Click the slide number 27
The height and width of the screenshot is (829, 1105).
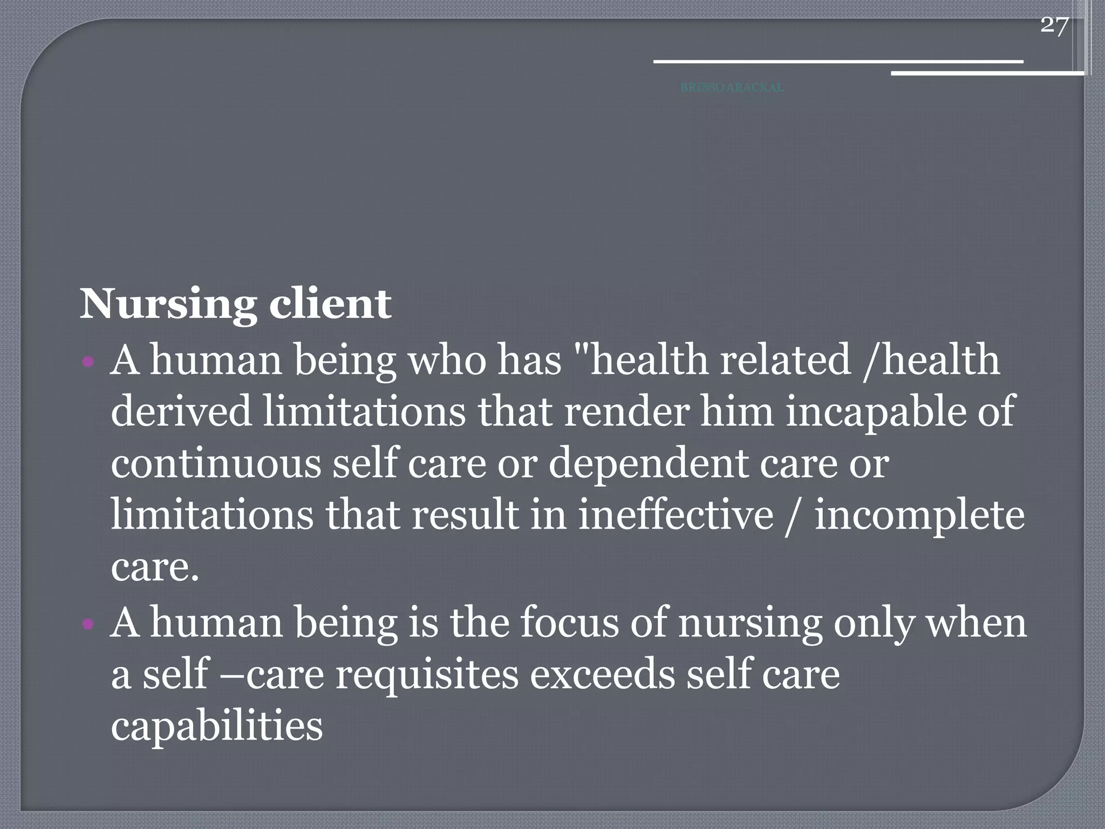tap(1054, 25)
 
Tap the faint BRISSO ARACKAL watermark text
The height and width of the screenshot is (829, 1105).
tap(732, 87)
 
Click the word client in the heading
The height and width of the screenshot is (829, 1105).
tap(330, 304)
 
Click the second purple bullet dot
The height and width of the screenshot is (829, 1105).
tap(89, 624)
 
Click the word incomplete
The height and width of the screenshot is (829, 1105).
tap(919, 516)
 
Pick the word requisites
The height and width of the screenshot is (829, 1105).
tap(426, 675)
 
